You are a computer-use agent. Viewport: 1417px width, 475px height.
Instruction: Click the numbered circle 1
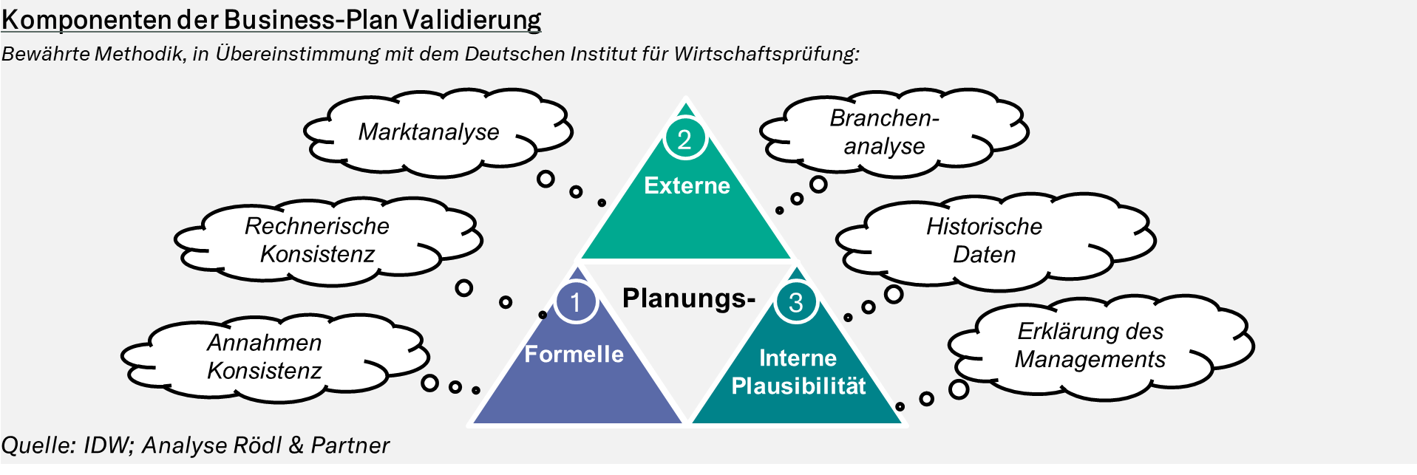coord(575,302)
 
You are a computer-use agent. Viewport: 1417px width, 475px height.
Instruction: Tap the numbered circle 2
coord(684,139)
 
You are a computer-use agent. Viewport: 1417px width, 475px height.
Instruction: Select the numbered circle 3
coord(796,302)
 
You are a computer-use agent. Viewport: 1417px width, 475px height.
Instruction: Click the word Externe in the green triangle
coord(687,185)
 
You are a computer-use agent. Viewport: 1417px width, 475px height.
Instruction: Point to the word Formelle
coord(574,354)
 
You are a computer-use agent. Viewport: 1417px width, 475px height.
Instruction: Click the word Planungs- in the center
coord(688,298)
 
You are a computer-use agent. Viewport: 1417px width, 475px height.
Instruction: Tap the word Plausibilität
coord(798,386)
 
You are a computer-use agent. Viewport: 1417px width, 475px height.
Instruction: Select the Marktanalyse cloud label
coord(429,132)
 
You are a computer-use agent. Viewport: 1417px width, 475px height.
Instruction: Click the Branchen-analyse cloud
coord(885,132)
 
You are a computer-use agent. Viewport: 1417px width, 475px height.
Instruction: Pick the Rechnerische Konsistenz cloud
coord(317,240)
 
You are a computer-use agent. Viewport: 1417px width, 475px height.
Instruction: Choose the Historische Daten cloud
coord(984,240)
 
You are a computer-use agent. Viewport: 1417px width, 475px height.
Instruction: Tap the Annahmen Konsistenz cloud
coord(265,356)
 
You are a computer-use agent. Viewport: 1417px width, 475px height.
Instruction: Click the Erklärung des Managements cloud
coord(1090,345)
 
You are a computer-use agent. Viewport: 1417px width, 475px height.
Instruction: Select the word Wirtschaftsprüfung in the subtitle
coord(766,54)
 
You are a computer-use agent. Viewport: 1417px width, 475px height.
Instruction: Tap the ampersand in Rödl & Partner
coord(296,445)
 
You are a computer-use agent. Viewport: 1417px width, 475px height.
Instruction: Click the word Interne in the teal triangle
coord(798,358)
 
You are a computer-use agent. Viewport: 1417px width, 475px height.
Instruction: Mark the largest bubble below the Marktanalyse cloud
coord(546,179)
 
